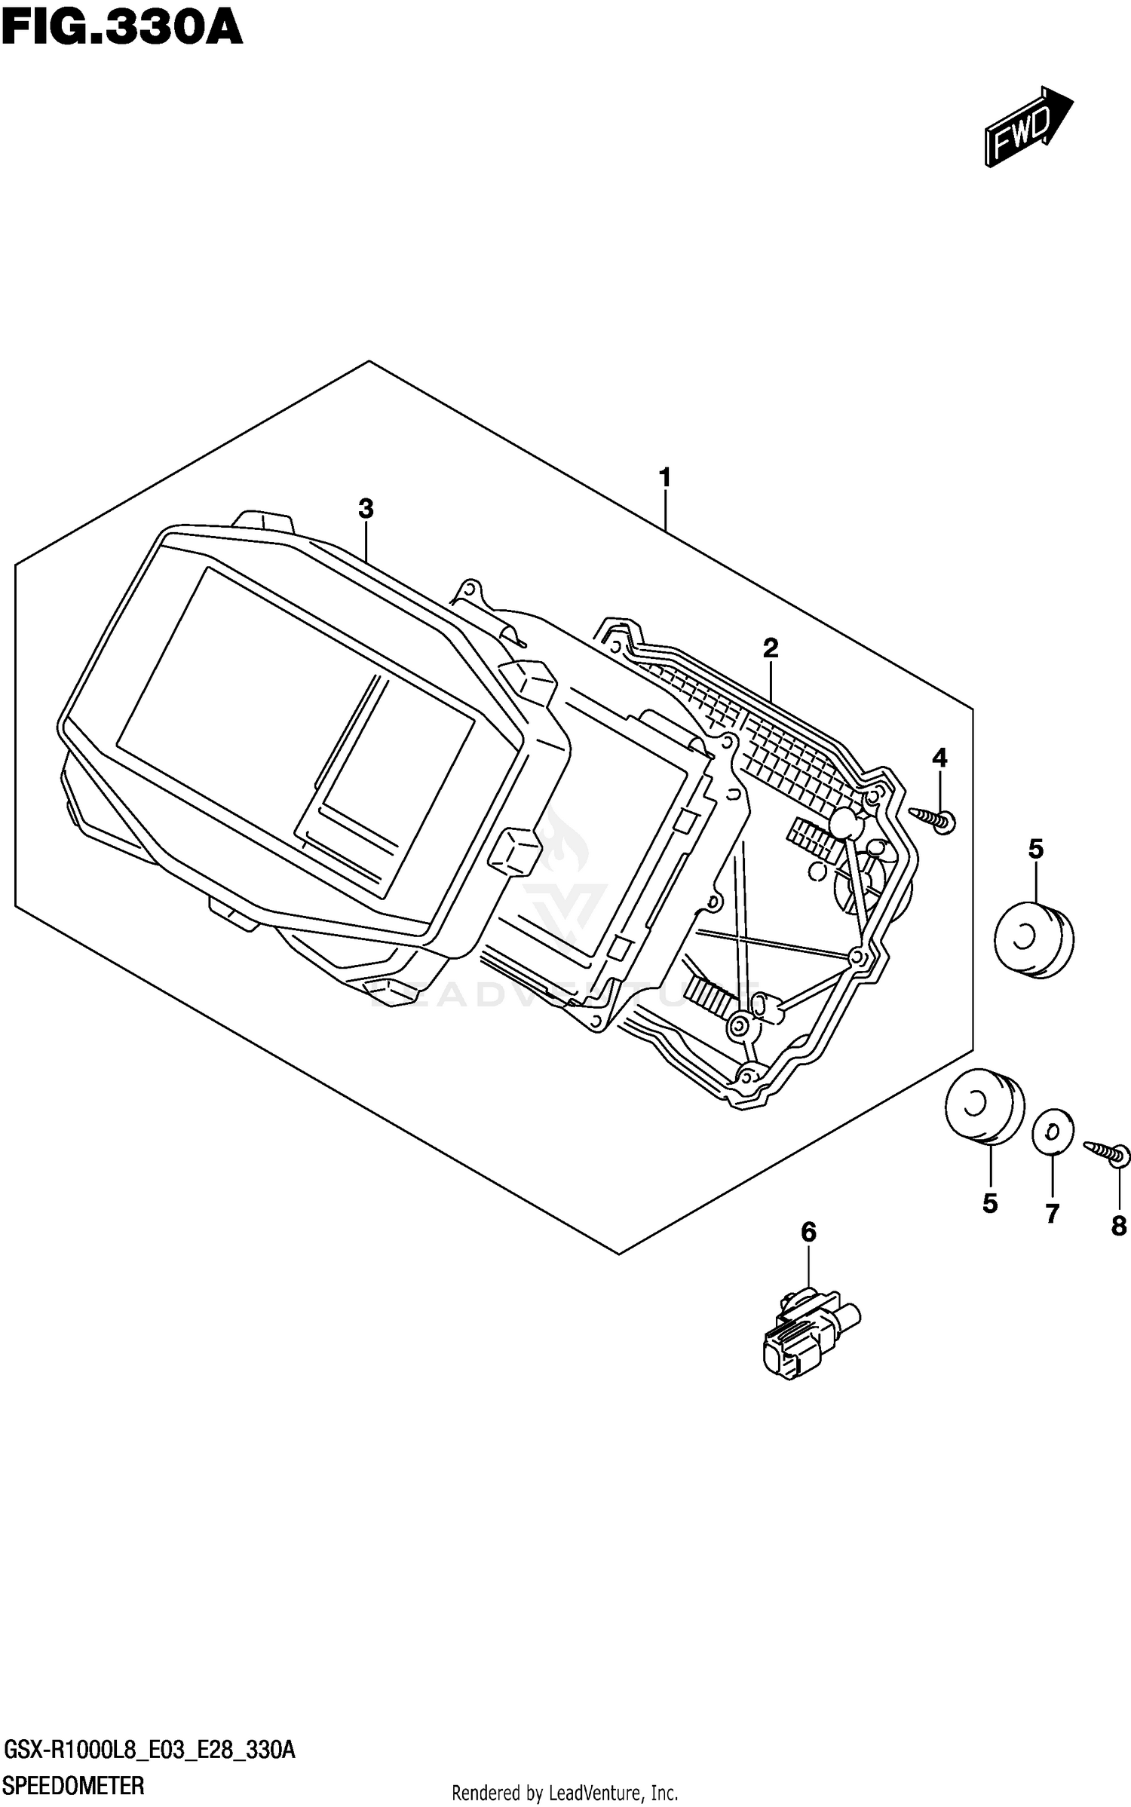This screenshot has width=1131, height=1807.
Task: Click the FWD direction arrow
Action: coord(1028,126)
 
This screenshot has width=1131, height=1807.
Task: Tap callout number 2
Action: coord(770,647)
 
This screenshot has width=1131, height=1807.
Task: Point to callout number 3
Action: coord(366,509)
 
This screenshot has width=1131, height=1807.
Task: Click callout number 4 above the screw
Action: coord(939,758)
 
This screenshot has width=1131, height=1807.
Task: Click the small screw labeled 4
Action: coord(935,819)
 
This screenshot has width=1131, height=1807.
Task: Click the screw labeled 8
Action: coord(1107,1152)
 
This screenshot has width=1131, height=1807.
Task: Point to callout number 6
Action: coord(808,1233)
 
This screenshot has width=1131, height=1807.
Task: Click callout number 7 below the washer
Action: coord(1052,1214)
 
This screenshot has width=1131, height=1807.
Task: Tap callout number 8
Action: coord(1118,1227)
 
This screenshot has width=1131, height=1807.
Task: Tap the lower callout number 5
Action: coord(990,1204)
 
